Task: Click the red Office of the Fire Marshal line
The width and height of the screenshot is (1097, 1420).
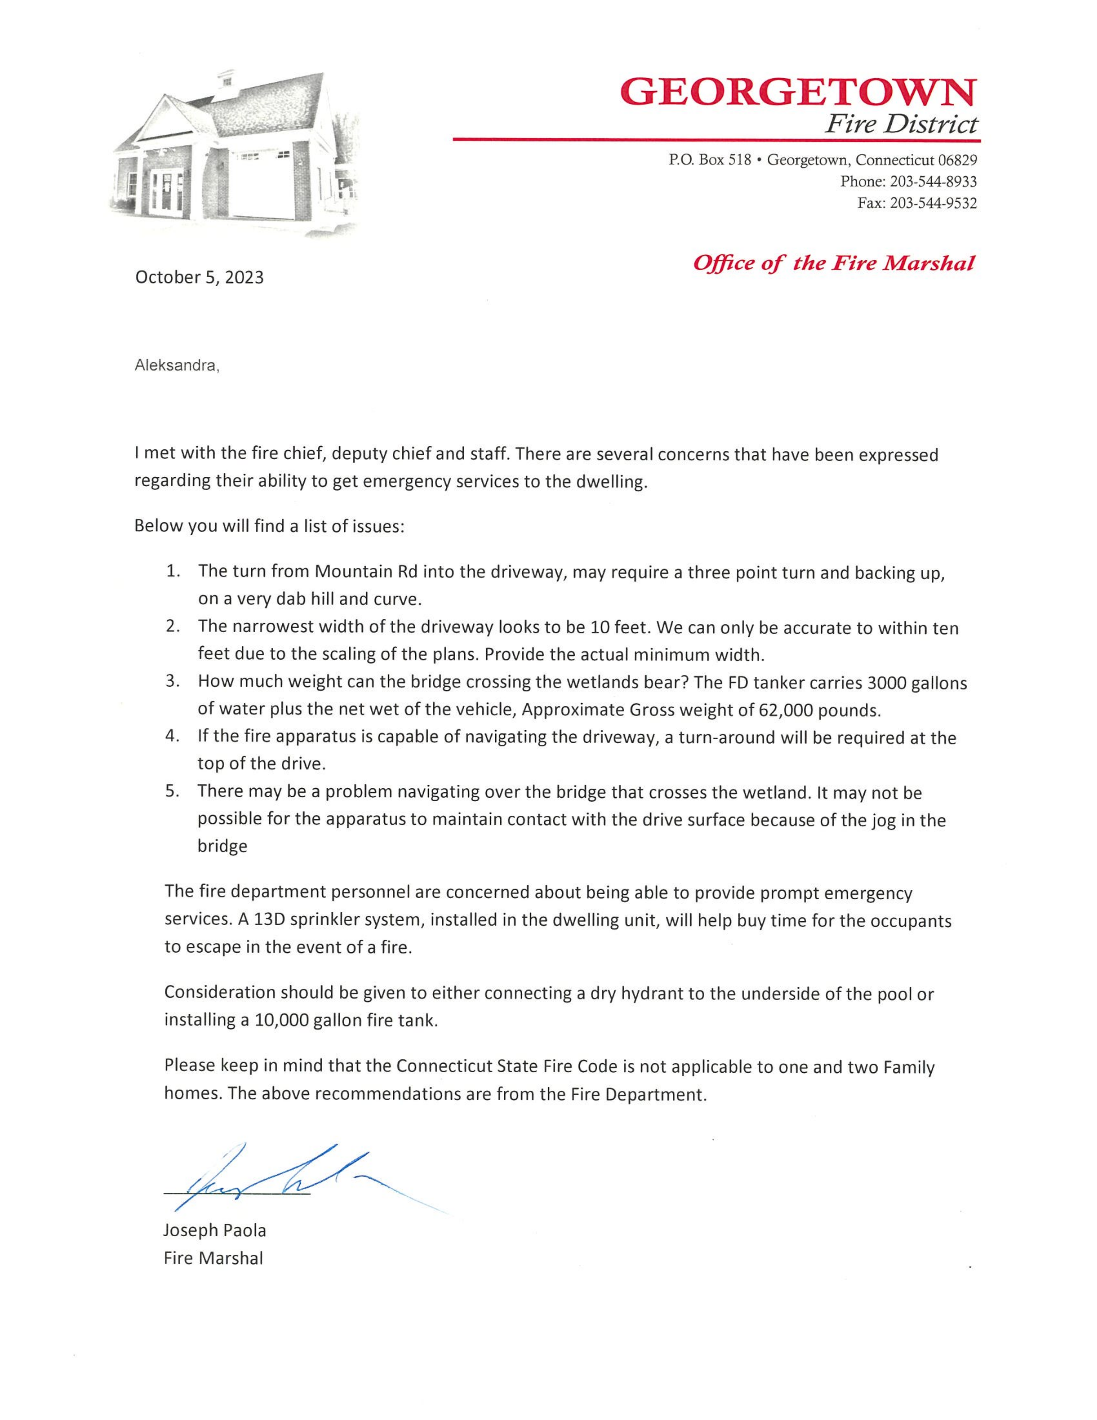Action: click(x=834, y=263)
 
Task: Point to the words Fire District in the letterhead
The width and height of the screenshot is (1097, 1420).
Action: click(x=901, y=123)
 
